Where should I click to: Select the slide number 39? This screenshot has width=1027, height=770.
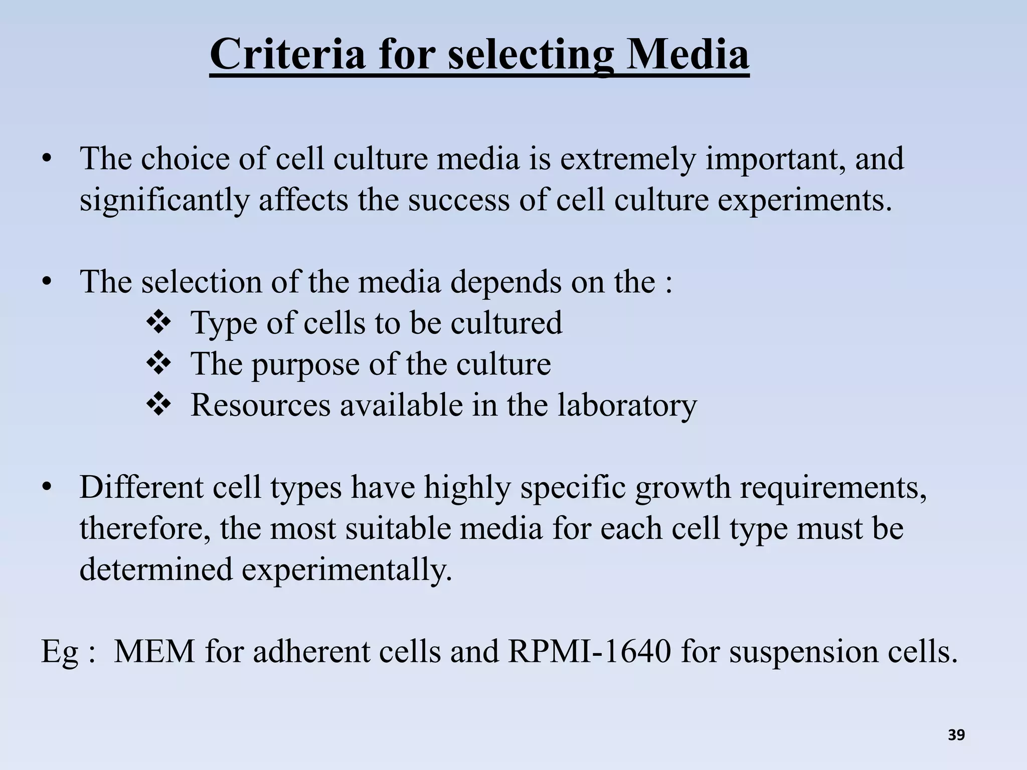[x=956, y=735]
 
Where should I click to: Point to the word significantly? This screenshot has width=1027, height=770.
[x=163, y=201]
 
